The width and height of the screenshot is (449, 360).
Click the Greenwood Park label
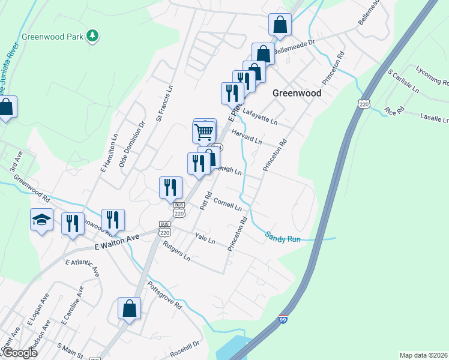click(x=52, y=36)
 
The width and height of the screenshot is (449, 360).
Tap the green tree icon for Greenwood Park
click(x=92, y=36)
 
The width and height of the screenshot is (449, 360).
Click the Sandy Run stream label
click(x=283, y=238)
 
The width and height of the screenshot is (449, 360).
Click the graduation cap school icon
click(x=41, y=221)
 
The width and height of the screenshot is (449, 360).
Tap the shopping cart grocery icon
click(x=204, y=131)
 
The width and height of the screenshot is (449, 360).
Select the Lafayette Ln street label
click(x=259, y=116)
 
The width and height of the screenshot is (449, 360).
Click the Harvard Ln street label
click(x=246, y=137)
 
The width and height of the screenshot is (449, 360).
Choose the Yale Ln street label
click(x=205, y=239)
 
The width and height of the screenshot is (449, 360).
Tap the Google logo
click(x=19, y=353)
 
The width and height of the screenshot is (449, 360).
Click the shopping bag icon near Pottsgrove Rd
click(x=129, y=309)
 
